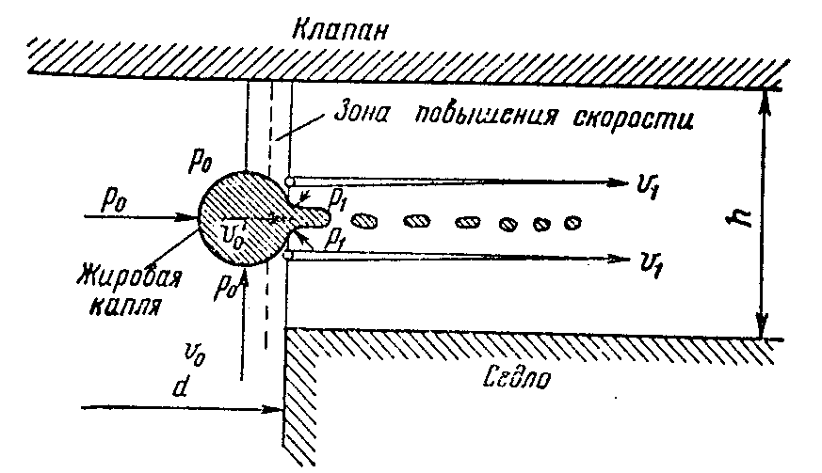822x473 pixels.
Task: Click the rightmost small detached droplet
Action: point(572,223)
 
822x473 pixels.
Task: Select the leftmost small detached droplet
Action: point(366,221)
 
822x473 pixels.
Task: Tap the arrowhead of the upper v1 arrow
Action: point(620,180)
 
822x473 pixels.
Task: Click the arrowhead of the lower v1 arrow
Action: point(620,256)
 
